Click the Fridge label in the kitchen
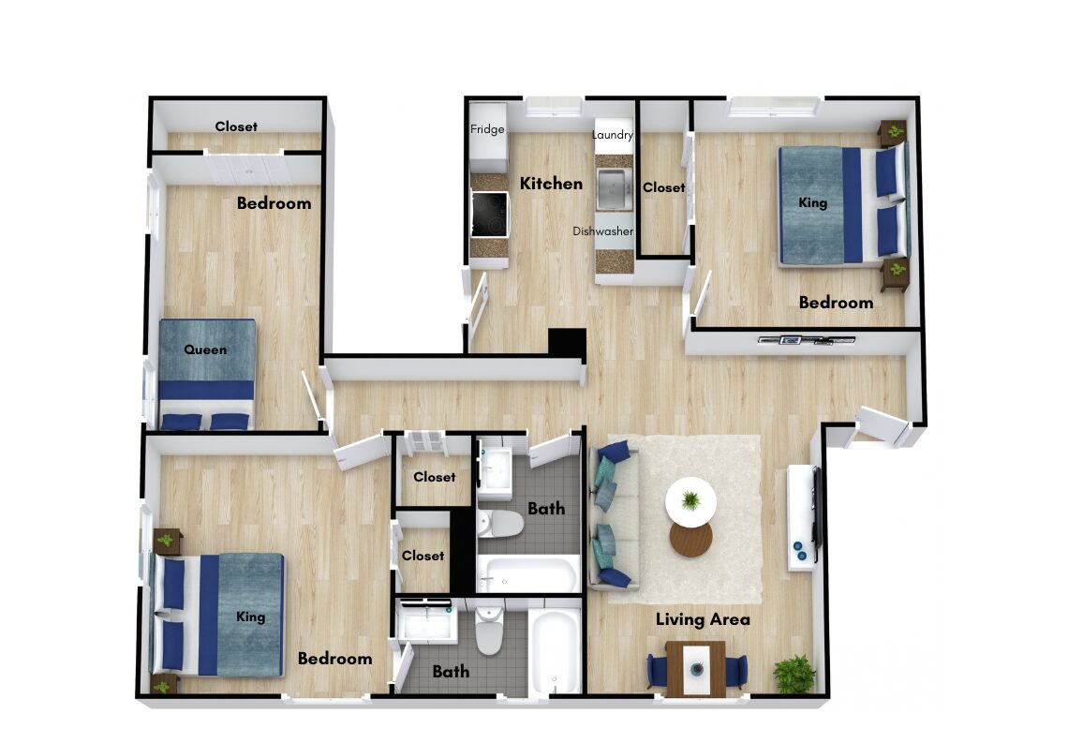pyautogui.click(x=487, y=129)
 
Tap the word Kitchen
pyautogui.click(x=551, y=184)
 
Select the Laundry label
pyautogui.click(x=613, y=135)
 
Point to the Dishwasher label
pyautogui.click(x=602, y=230)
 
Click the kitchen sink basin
pyautogui.click(x=615, y=189)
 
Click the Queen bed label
pyautogui.click(x=205, y=349)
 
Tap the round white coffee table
pyautogui.click(x=690, y=500)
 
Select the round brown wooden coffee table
pyautogui.click(x=690, y=539)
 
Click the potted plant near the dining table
pyautogui.click(x=794, y=675)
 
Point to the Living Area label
pyautogui.click(x=703, y=619)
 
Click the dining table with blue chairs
pyautogui.click(x=695, y=669)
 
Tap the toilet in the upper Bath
pyautogui.click(x=499, y=524)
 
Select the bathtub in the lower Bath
pyautogui.click(x=555, y=650)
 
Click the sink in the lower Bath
pyautogui.click(x=427, y=623)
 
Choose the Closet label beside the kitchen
pyautogui.click(x=664, y=187)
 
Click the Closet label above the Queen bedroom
pyautogui.click(x=236, y=126)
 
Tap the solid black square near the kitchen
pyautogui.click(x=568, y=343)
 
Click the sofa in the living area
pyautogui.click(x=613, y=515)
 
